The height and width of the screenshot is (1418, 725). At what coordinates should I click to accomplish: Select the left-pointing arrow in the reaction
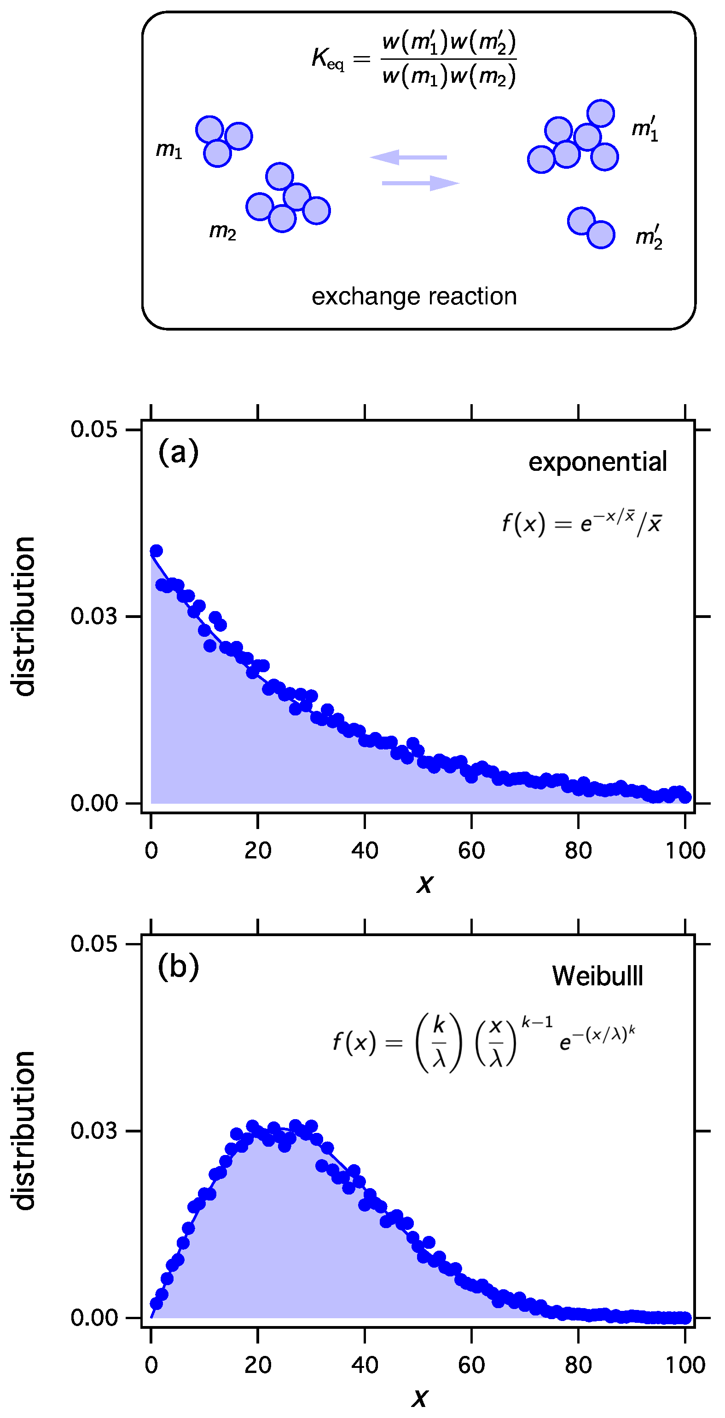tap(408, 157)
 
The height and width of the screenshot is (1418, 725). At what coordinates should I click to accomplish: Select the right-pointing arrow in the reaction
tap(421, 183)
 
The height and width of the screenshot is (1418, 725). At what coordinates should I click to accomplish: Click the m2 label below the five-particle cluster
tap(223, 231)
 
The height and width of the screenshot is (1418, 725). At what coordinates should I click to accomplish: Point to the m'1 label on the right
tap(644, 129)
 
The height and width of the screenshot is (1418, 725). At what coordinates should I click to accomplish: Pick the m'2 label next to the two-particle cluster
tap(649, 237)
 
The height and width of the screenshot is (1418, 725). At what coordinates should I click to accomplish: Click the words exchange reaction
tap(414, 297)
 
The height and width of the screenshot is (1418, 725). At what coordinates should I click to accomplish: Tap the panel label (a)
tap(178, 452)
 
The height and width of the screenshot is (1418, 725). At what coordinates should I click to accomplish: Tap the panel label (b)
tap(178, 966)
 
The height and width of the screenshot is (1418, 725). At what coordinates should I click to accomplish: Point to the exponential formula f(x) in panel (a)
tap(582, 522)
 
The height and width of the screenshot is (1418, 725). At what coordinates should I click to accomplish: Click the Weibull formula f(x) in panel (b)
tap(484, 1042)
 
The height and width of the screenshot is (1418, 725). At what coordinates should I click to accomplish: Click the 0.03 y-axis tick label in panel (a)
tap(93, 617)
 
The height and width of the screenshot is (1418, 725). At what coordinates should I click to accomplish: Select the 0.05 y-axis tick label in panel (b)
tap(93, 944)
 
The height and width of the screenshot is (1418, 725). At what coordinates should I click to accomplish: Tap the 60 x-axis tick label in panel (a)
tap(471, 851)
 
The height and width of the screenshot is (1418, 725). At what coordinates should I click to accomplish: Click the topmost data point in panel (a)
tap(157, 550)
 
